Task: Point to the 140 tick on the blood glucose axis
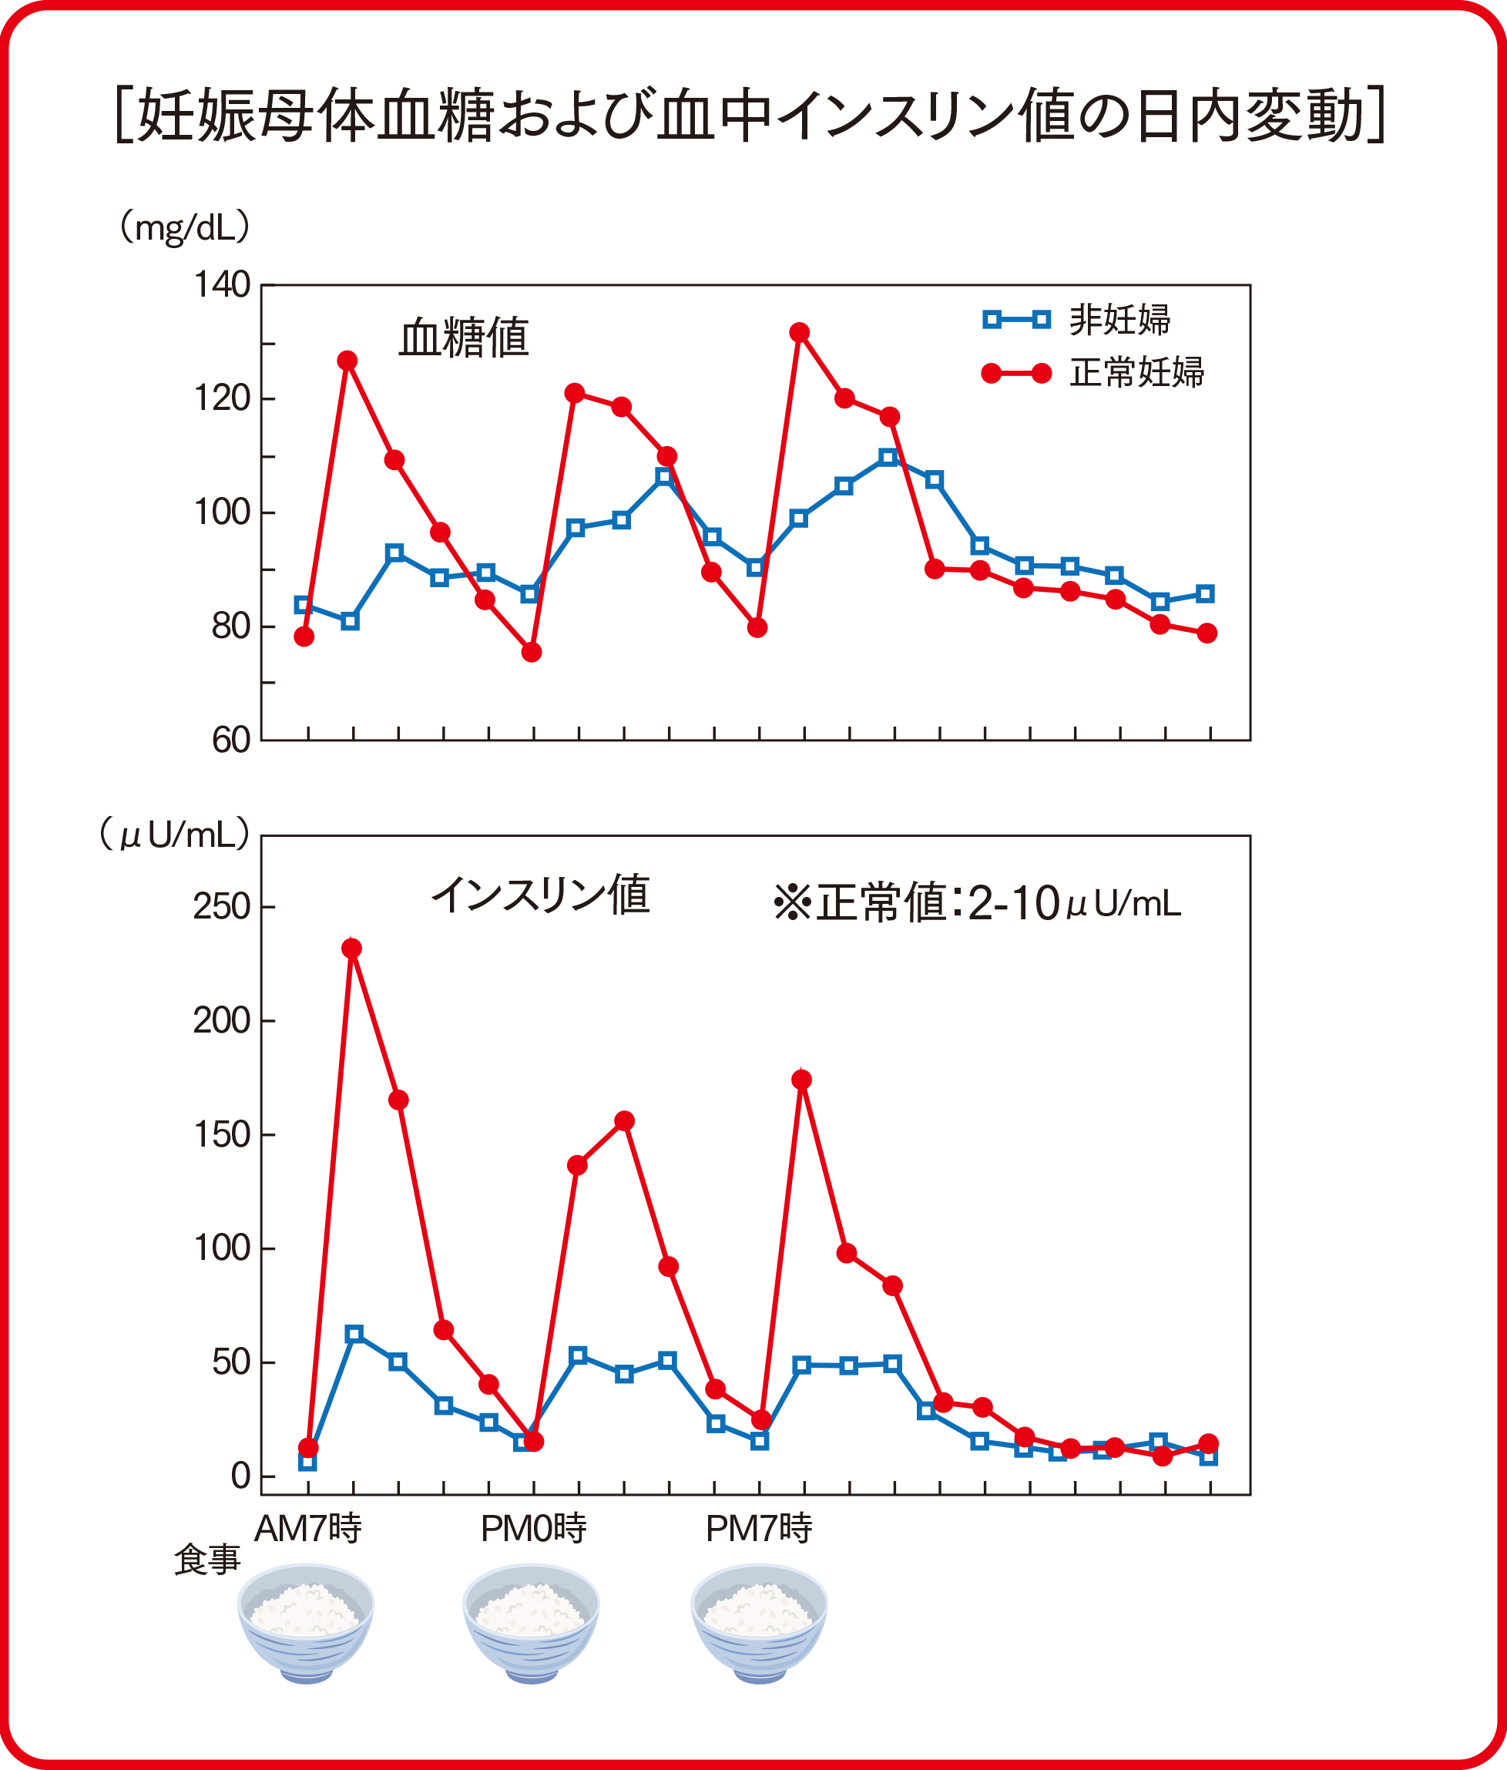click(221, 284)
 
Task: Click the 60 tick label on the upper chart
click(230, 741)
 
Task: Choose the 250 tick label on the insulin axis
click(221, 906)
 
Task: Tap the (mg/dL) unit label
click(185, 228)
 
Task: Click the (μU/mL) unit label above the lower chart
click(175, 834)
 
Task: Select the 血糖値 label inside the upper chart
click(464, 338)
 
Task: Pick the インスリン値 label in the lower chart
click(540, 895)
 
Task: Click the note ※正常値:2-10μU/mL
click(976, 903)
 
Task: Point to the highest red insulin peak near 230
click(352, 949)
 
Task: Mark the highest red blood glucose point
click(800, 332)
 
